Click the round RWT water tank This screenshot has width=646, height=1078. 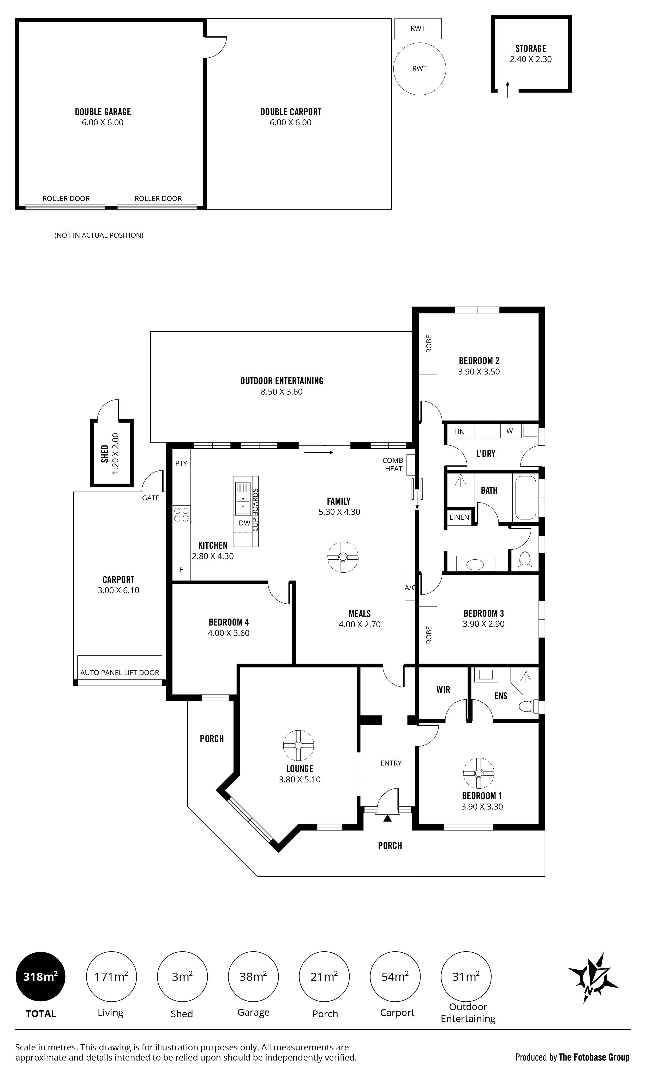coord(419,69)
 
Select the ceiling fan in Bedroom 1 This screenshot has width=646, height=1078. coord(479,773)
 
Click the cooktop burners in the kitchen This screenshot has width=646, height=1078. coord(182,515)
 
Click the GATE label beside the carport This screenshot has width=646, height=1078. coord(151,498)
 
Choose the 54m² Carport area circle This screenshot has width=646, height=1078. coord(395,977)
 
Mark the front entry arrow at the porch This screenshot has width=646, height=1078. coord(387,818)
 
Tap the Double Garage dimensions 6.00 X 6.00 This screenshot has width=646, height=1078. coord(103,123)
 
